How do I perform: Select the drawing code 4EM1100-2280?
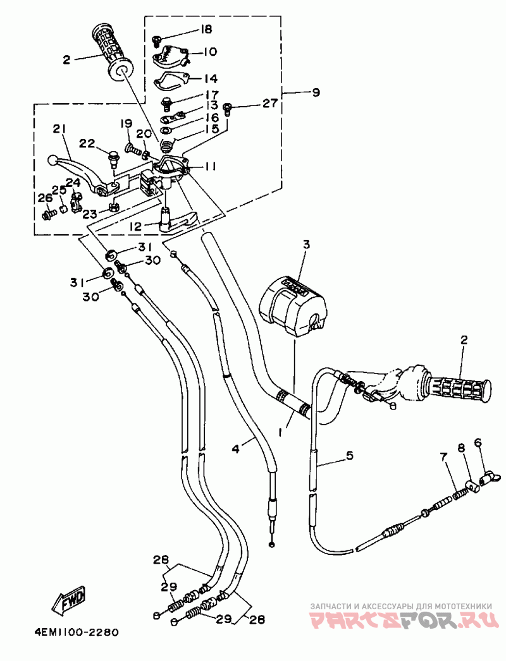77,633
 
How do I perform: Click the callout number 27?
269,103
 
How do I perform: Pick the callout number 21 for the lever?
59,130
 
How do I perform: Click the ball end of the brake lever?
52,160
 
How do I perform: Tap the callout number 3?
306,244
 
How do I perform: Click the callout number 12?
136,227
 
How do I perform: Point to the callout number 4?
235,449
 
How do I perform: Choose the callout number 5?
349,456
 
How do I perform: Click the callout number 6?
478,442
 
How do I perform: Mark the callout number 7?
443,456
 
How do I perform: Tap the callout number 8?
460,447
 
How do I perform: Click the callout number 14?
211,78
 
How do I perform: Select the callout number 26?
45,198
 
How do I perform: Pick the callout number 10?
210,52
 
